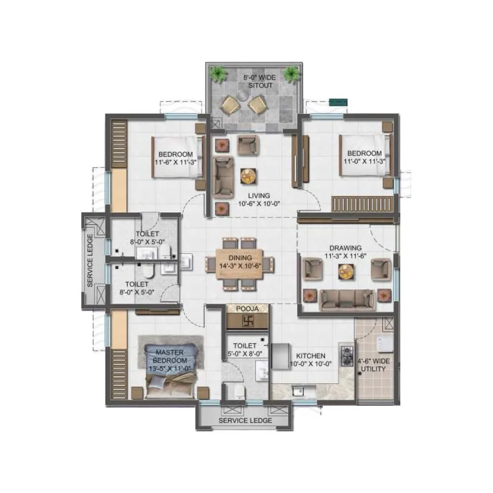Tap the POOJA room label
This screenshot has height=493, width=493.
click(x=247, y=309)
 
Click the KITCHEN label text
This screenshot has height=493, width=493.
click(x=310, y=355)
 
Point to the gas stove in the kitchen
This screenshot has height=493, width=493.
click(x=348, y=354)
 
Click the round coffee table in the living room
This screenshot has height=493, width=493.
click(x=248, y=175)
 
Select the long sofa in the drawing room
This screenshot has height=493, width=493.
click(x=346, y=299)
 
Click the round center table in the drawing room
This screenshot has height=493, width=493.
click(x=346, y=271)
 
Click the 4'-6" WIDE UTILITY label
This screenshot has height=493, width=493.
click(x=373, y=365)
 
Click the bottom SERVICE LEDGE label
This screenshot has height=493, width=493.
click(x=245, y=421)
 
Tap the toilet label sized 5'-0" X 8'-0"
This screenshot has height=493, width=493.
click(x=245, y=350)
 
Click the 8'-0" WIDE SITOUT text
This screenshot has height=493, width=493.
click(x=259, y=81)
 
